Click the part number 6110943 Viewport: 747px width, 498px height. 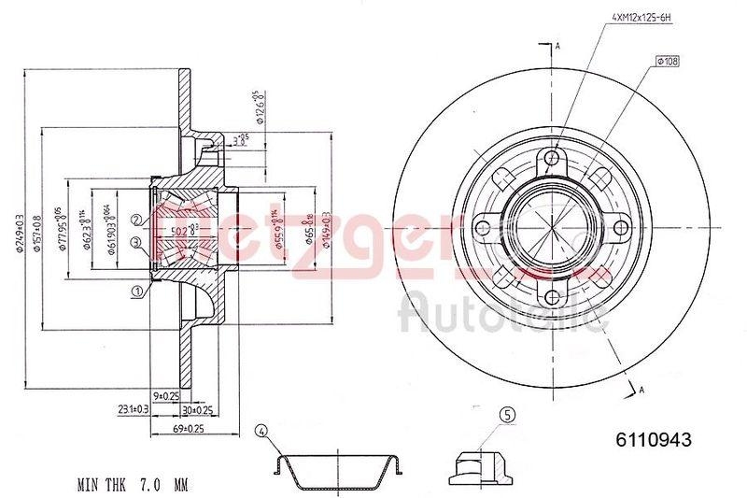(653, 439)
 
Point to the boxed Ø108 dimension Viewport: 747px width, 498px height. (669, 61)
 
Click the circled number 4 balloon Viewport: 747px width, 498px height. (261, 431)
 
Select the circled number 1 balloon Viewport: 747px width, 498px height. (138, 292)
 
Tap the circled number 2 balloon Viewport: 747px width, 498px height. (136, 220)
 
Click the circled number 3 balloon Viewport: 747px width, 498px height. (136, 243)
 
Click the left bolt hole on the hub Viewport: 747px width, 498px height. (484, 226)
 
